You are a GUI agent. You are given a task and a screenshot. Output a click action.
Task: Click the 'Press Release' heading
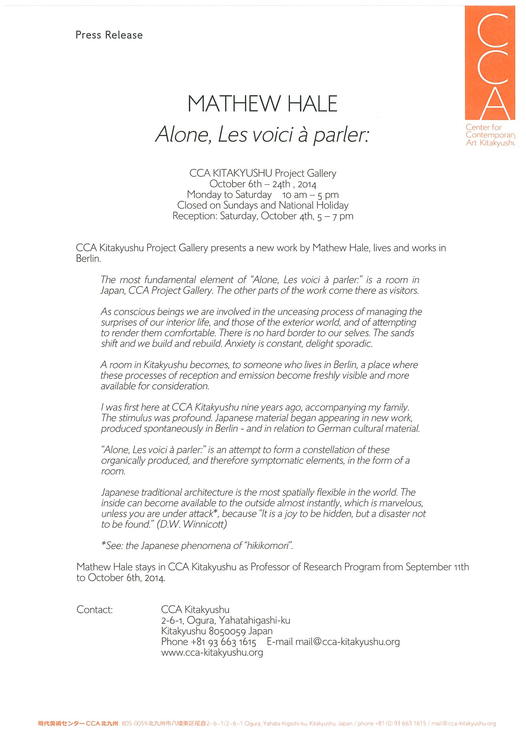pos(109,35)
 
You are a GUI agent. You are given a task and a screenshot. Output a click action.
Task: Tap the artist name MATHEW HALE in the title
pos(262,104)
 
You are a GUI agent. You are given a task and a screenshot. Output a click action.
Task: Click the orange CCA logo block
pos(490,63)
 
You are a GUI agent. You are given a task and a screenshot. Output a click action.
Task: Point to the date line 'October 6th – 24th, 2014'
pos(262,184)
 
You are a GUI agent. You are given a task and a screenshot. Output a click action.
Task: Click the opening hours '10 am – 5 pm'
pos(310,195)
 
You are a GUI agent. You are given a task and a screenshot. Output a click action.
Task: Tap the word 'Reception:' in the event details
pos(195,216)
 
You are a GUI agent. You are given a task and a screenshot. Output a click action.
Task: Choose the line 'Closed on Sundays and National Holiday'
pos(262,205)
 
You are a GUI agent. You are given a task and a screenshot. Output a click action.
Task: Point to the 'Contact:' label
pos(94,610)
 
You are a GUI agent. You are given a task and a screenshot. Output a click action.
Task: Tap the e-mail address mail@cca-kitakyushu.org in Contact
pos(347,642)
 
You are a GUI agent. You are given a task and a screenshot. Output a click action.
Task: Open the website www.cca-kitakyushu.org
pos(212,653)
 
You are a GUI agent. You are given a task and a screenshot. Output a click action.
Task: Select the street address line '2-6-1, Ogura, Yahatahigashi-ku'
pos(225,621)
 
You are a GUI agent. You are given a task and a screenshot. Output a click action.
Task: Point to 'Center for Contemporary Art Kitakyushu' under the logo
pos(490,135)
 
